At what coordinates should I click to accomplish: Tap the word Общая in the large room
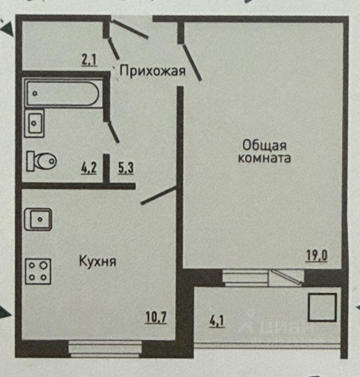pyautogui.click(x=264, y=145)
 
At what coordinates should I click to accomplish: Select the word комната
pyautogui.click(x=265, y=159)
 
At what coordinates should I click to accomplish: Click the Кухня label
pyautogui.click(x=98, y=261)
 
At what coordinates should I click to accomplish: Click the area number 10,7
pyautogui.click(x=156, y=317)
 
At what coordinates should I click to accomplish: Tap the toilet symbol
pyautogui.click(x=42, y=161)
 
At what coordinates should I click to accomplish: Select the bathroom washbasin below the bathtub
pyautogui.click(x=34, y=123)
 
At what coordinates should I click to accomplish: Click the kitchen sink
pyautogui.click(x=38, y=220)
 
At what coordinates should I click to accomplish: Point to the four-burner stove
pyautogui.click(x=38, y=271)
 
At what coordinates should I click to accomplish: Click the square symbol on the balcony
pyautogui.click(x=322, y=307)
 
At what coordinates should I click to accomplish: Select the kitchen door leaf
pyautogui.click(x=158, y=196)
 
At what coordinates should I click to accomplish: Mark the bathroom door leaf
pyautogui.click(x=114, y=132)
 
